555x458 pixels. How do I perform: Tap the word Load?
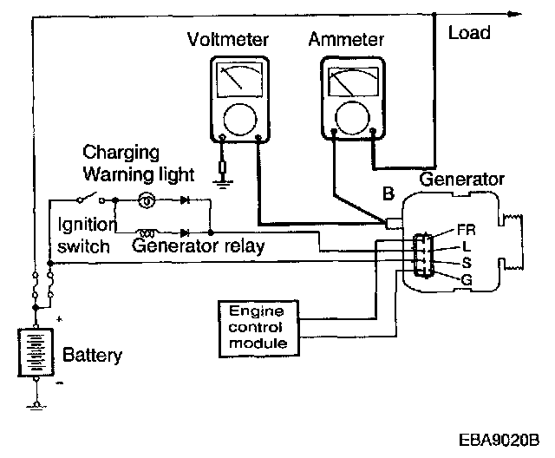coord(469,34)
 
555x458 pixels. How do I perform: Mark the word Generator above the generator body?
coord(461,180)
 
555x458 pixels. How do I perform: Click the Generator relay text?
coord(199,245)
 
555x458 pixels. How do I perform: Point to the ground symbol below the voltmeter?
coord(223,180)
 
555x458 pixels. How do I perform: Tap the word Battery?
coord(93,356)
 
